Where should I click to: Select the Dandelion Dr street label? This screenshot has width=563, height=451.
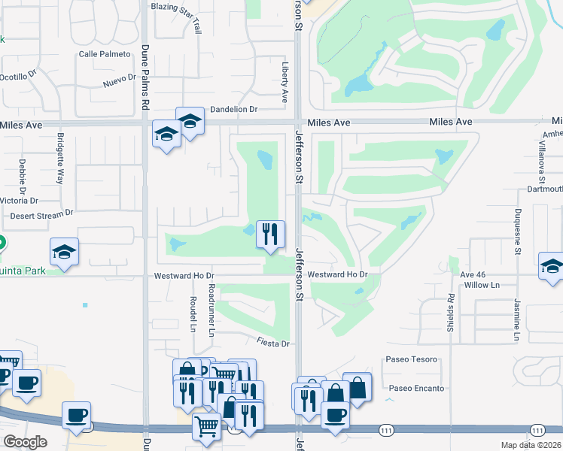click(x=233, y=109)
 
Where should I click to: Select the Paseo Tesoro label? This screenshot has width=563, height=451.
click(x=411, y=359)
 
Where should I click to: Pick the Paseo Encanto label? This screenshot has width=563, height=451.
click(x=416, y=389)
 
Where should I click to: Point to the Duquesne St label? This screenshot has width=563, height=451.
click(x=518, y=232)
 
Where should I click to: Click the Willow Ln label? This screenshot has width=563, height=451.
click(x=482, y=286)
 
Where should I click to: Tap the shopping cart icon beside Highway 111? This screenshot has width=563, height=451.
click(x=205, y=427)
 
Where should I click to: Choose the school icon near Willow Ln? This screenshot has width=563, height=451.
click(x=552, y=266)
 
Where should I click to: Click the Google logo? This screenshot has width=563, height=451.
click(x=26, y=442)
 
